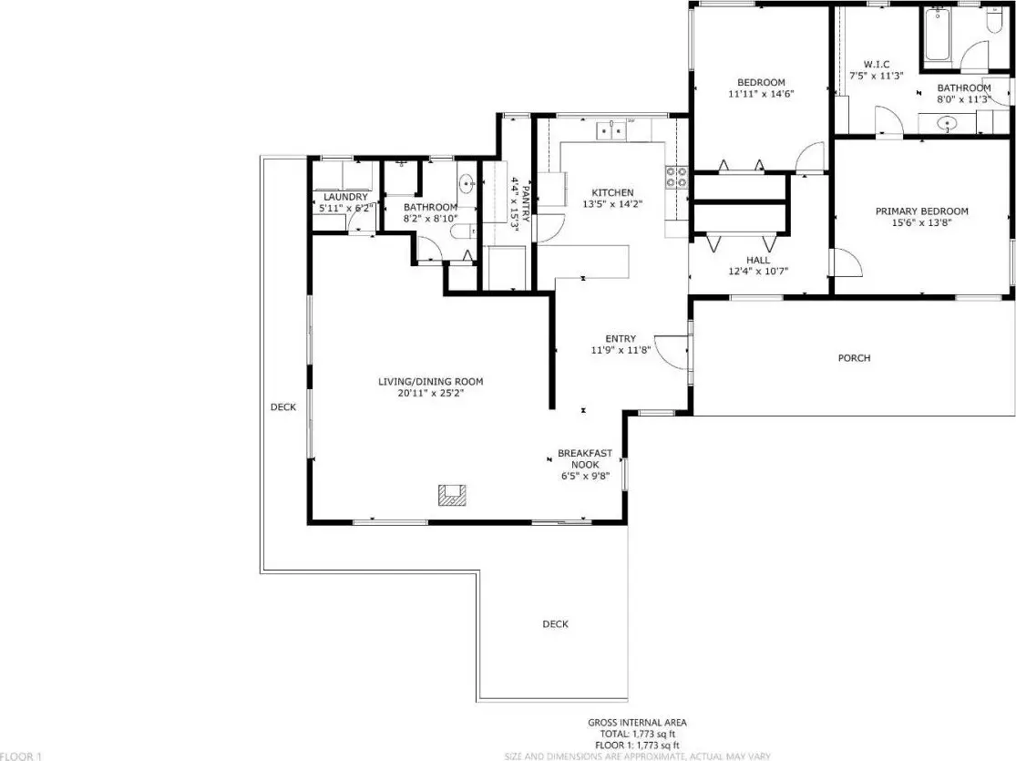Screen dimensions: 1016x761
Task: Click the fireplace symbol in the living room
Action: pyautogui.click(x=453, y=495)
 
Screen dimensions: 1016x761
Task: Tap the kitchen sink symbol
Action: pyautogui.click(x=611, y=130)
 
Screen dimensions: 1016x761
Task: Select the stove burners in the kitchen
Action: pyautogui.click(x=676, y=177)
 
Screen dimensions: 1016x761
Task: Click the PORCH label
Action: pyautogui.click(x=854, y=358)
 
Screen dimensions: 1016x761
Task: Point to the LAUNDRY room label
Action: pyautogui.click(x=345, y=197)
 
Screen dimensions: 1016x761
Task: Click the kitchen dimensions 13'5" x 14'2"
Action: pyautogui.click(x=612, y=204)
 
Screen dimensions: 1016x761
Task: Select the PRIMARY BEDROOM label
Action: pyautogui.click(x=921, y=211)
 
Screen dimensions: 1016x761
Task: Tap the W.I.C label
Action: pyautogui.click(x=876, y=65)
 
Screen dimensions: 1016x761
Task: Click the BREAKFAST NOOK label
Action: pyautogui.click(x=584, y=459)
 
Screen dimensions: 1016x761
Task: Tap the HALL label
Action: pyautogui.click(x=757, y=261)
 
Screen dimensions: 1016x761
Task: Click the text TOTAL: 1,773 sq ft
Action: pyautogui.click(x=637, y=734)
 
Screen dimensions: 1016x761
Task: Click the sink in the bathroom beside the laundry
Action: pyautogui.click(x=467, y=184)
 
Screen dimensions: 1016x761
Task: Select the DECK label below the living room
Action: pyautogui.click(x=555, y=624)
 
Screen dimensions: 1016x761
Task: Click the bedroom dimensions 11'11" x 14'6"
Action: pyautogui.click(x=762, y=94)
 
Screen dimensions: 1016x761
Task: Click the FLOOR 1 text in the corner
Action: pyautogui.click(x=21, y=756)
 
